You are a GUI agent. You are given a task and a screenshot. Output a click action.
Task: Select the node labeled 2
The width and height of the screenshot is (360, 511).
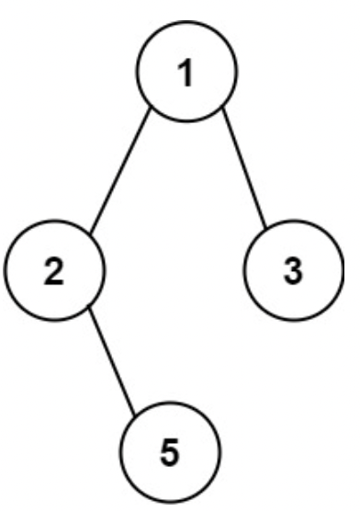(x=55, y=273)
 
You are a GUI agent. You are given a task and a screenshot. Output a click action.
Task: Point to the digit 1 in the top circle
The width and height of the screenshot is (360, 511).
(x=186, y=73)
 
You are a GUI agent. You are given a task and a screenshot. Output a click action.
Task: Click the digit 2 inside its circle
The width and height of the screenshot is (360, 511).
(x=55, y=274)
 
